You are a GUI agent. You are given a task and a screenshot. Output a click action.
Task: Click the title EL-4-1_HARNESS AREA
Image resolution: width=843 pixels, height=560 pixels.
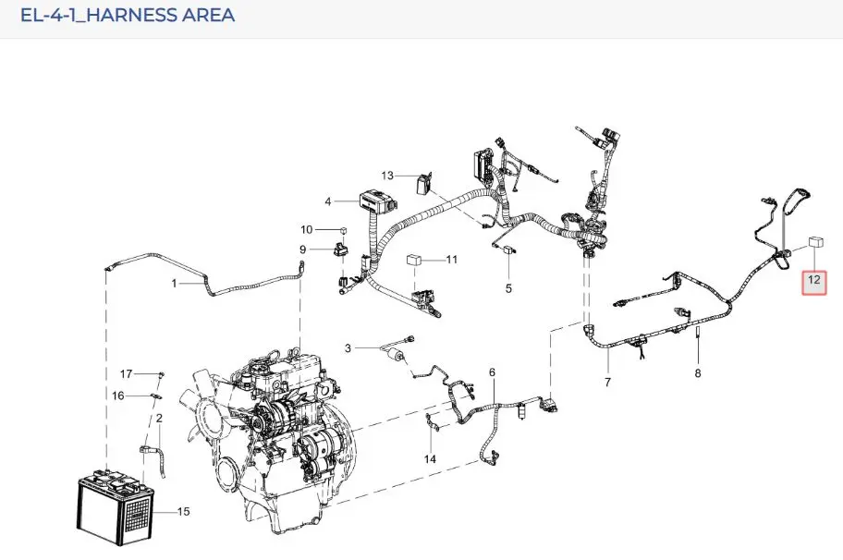coord(128,15)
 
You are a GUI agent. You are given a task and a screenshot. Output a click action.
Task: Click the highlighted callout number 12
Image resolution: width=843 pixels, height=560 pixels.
coord(814,280)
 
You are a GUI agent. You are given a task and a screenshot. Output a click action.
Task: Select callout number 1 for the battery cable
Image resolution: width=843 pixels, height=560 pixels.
coord(174,283)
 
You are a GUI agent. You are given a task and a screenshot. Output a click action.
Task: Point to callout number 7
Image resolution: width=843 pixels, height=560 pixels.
coord(607,382)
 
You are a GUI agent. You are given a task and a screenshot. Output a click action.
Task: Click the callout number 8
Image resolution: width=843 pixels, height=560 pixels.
coord(698,373)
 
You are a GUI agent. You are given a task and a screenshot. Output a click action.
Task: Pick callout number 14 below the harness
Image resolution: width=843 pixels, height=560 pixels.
coord(430,459)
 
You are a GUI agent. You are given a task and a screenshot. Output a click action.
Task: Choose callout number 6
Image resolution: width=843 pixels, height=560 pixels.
coord(492,372)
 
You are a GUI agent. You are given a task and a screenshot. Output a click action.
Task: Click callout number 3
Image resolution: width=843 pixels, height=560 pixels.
coord(348,348)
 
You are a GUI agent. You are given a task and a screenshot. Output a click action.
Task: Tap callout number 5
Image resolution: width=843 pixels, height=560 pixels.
coord(508,289)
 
